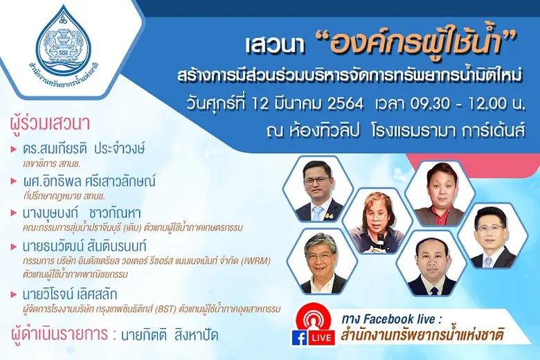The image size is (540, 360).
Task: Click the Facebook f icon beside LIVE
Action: click(x=299, y=338)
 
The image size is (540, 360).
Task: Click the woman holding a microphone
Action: click(x=376, y=222)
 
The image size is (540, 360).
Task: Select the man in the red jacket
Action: click(x=440, y=194)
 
